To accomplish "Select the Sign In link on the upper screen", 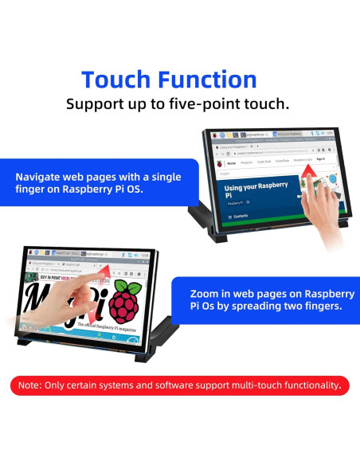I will [320, 158].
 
